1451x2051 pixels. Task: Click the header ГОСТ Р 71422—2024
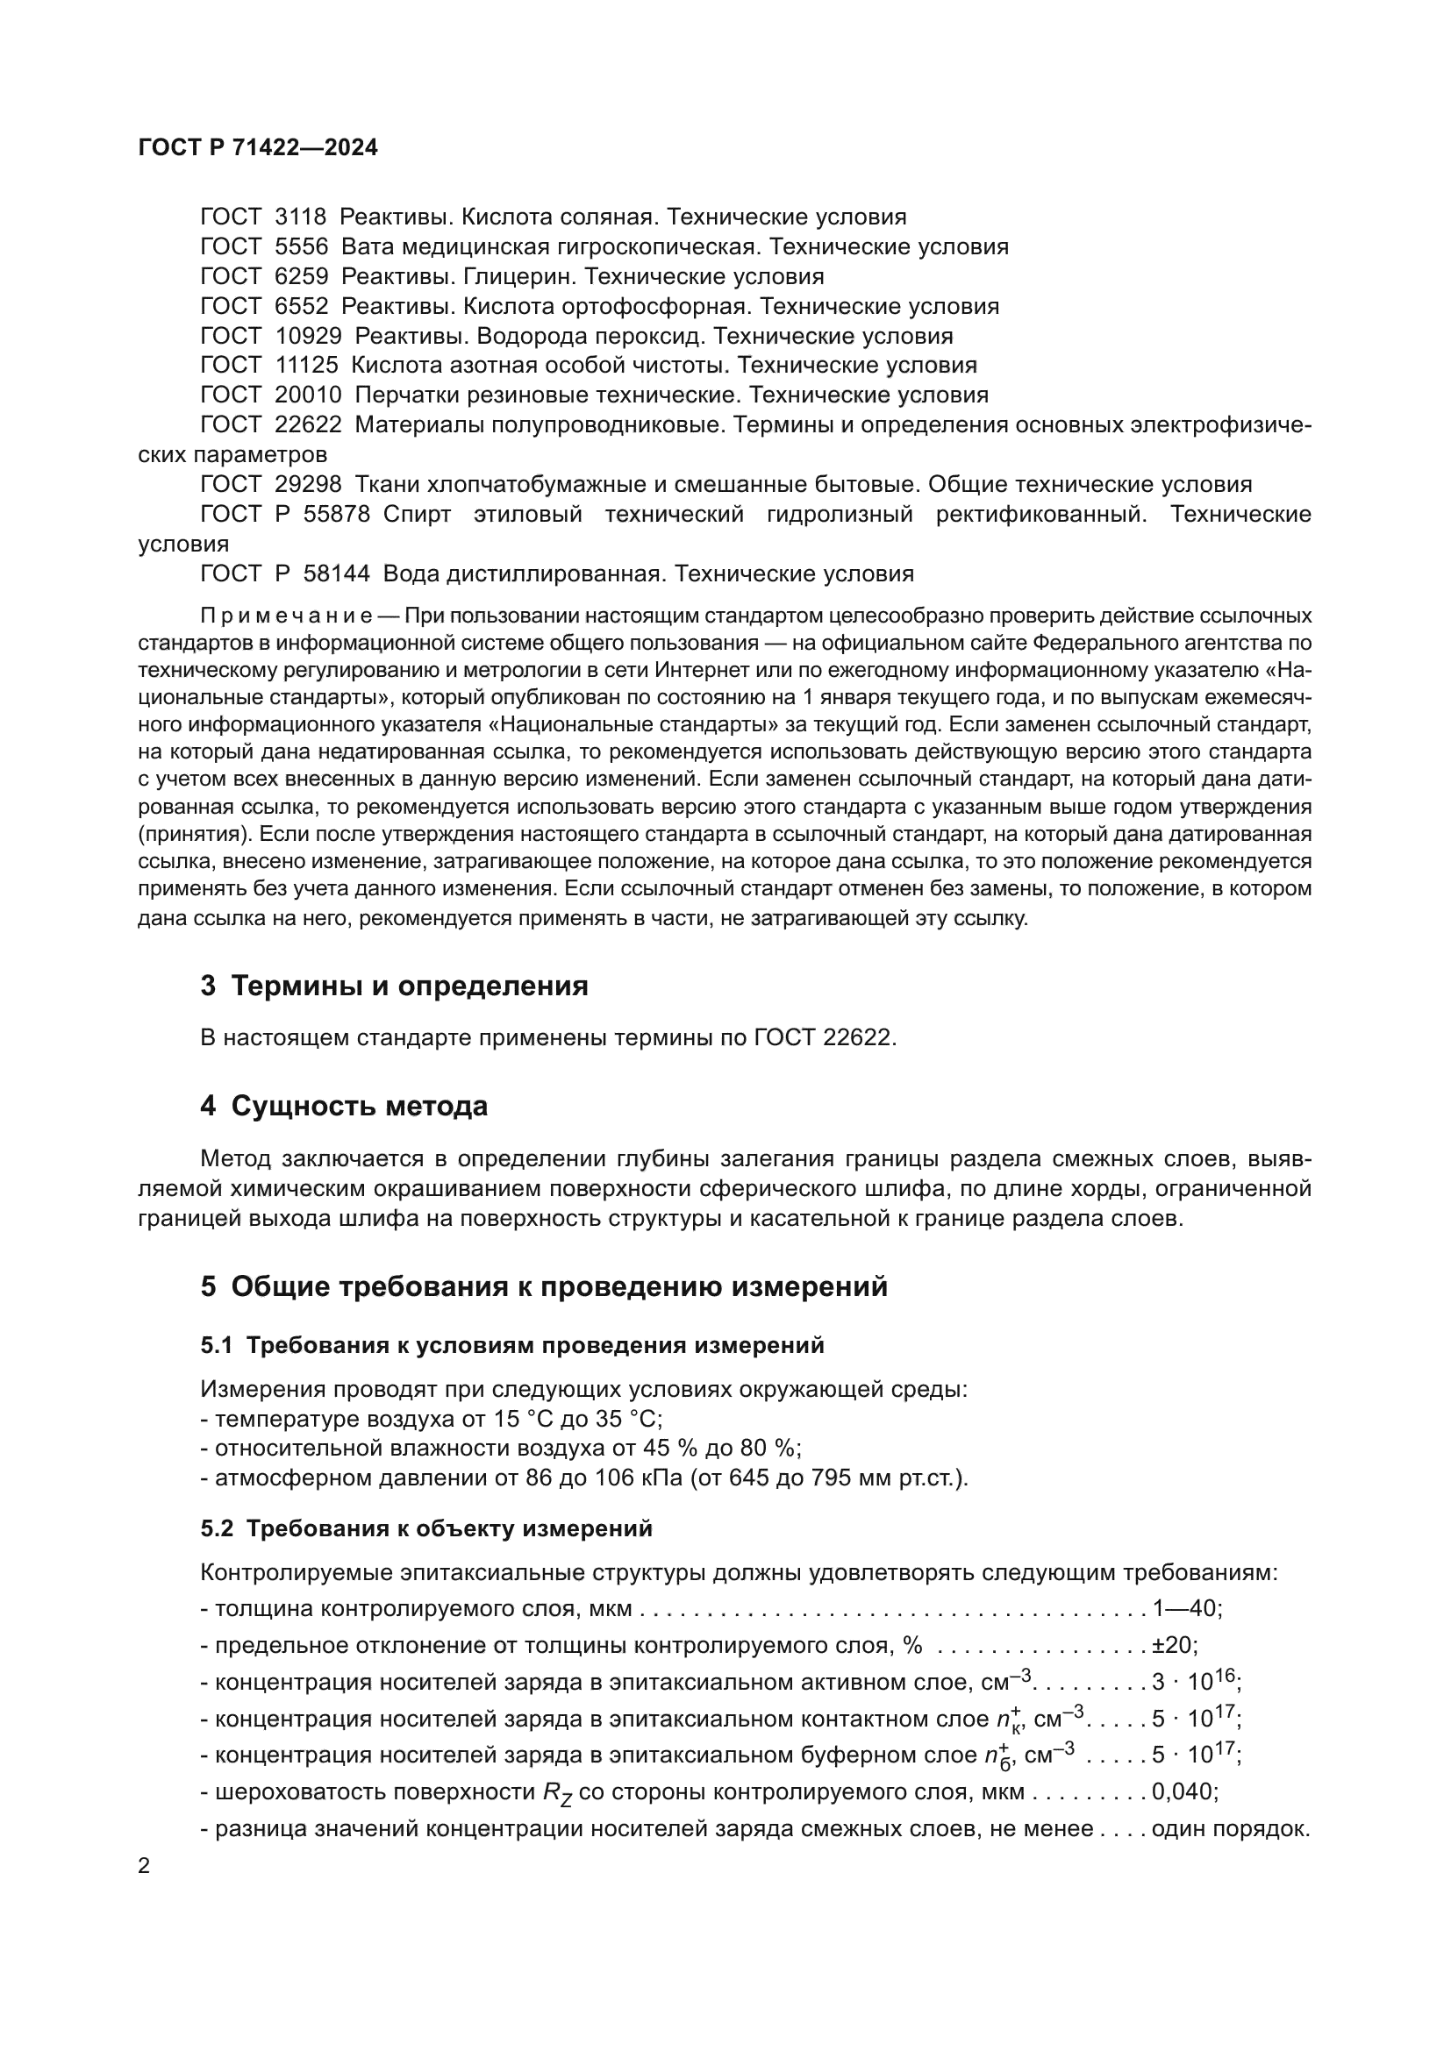coord(257,148)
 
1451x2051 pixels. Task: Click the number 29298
coord(307,484)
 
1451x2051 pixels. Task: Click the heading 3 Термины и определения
coord(394,986)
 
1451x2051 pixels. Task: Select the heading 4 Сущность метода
coord(344,1106)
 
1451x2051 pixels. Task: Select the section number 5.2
coord(216,1528)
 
